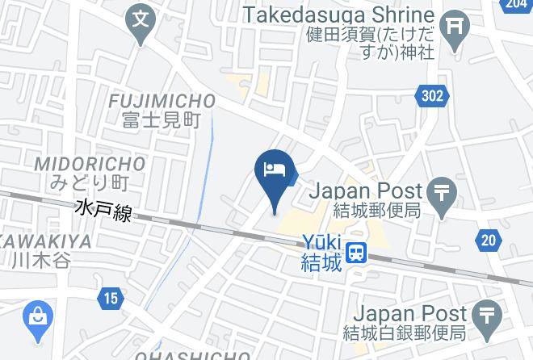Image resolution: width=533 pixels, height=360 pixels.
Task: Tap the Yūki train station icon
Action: point(355,253)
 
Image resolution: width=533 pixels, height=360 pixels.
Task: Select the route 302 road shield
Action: point(433,96)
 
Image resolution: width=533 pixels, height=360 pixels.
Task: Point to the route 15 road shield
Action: point(111,299)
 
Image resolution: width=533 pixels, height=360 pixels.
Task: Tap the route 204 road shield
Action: point(516,5)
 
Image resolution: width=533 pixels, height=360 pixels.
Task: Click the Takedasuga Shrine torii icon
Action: point(457,27)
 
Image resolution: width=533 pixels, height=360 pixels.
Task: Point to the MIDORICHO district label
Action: point(90,165)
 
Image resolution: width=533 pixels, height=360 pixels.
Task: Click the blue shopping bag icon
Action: point(37,316)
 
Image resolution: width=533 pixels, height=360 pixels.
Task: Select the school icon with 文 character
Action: point(142,17)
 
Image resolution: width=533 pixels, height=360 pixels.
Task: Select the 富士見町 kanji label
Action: point(162,121)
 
